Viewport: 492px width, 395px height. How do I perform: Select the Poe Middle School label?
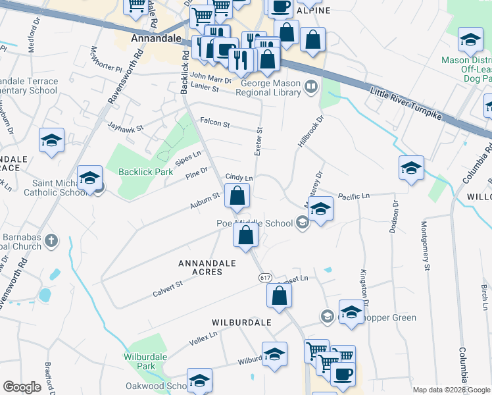coord(255,223)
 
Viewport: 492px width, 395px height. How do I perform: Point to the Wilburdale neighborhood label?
coord(241,323)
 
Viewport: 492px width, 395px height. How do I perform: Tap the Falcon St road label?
coord(215,123)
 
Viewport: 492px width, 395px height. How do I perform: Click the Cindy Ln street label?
coord(239,177)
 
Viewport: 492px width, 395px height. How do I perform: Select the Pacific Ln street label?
coord(354,196)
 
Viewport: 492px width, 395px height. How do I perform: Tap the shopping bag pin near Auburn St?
coord(237,196)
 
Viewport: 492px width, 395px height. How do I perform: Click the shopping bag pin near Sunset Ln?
coord(280,296)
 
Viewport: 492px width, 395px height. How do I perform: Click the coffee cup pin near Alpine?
coord(280,7)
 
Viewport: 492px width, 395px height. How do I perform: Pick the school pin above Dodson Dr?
coord(411,167)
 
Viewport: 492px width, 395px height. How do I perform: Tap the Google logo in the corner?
coord(22,387)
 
